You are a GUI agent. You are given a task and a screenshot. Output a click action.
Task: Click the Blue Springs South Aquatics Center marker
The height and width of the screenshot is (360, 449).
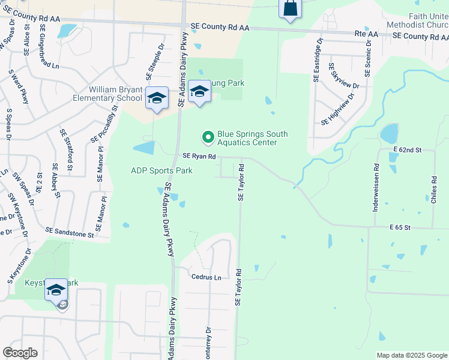point(208,138)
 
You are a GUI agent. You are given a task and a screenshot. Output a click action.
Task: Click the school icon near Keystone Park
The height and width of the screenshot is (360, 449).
point(56,291)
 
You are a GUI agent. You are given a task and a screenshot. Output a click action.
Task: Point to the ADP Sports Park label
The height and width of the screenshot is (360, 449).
point(161,171)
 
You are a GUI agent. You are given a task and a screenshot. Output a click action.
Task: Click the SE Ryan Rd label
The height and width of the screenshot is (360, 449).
point(199,156)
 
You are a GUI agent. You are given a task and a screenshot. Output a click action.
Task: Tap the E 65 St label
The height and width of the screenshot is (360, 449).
point(399,228)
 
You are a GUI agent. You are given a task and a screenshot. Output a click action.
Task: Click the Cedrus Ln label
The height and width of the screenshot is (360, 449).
point(206,277)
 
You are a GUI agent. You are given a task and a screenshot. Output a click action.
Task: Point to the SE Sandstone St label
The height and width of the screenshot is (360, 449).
point(70,232)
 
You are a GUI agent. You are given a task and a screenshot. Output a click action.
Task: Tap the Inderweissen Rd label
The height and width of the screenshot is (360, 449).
point(376,182)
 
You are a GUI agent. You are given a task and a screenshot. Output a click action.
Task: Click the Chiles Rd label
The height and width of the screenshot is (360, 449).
point(433,190)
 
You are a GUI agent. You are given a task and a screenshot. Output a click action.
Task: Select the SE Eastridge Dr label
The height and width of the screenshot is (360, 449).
point(317,60)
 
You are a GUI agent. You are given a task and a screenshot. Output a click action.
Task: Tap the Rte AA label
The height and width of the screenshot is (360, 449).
point(366,35)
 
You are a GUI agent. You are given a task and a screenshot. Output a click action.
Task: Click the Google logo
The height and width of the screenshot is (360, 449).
point(20,353)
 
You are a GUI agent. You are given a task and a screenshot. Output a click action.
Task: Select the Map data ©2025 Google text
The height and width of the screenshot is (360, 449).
point(411,355)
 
